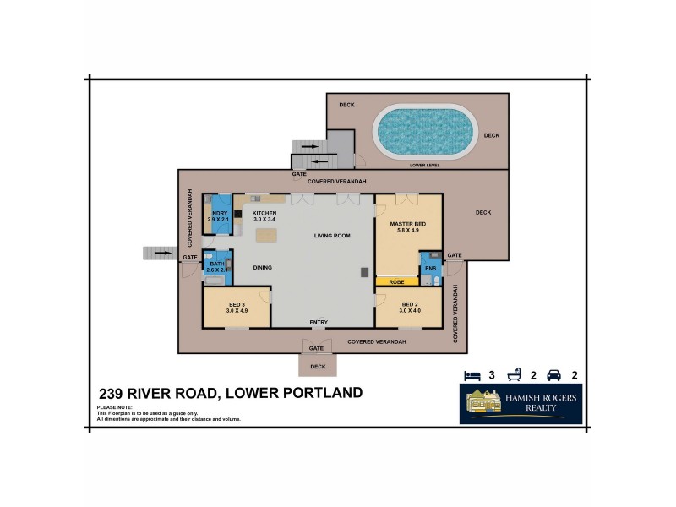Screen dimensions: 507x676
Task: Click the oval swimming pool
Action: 421,132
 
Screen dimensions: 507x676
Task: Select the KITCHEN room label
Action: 264,214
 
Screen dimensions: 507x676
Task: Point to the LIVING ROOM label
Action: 331,236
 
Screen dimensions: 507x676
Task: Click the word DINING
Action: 263,268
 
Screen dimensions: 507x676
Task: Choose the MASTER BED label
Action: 408,224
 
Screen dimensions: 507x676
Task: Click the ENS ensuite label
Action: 430,269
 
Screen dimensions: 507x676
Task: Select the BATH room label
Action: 217,264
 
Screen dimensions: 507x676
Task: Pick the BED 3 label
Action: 236,304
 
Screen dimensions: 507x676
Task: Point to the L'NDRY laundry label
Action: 218,214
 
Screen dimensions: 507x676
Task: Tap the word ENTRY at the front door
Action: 319,322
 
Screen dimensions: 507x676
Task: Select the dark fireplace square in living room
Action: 364,271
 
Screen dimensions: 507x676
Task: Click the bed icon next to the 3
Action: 472,374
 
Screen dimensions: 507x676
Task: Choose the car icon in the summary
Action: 554,374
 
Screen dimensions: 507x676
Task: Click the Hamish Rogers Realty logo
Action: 521,404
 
